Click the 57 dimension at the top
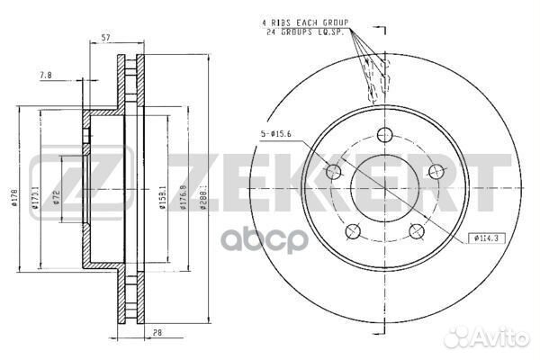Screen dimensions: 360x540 106,37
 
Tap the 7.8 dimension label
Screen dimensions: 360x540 46,76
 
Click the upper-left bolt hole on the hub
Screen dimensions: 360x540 333,173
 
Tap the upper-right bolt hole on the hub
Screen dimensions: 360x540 437,173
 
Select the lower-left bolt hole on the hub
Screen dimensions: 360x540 353,232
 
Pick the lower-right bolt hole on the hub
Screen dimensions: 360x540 417,232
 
